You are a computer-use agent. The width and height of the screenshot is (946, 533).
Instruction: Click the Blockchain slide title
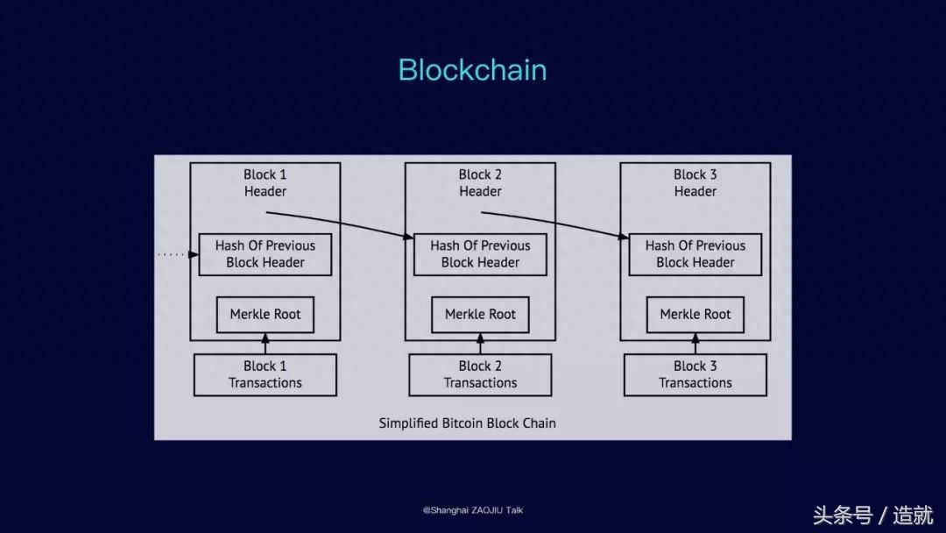point(472,70)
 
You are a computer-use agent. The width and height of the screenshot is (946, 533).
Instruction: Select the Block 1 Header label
point(265,183)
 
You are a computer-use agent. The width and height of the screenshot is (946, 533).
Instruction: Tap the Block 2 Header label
point(480,183)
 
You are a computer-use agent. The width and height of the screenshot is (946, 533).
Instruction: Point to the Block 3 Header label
point(695,183)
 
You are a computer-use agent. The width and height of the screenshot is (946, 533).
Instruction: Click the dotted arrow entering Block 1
point(179,255)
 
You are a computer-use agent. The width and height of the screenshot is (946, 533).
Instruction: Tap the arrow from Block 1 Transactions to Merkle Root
point(265,344)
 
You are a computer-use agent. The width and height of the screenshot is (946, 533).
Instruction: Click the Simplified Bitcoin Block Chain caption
point(468,423)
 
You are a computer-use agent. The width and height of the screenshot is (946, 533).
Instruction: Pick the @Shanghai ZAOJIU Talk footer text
point(473,510)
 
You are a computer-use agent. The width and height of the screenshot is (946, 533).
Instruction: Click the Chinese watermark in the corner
point(873,515)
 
